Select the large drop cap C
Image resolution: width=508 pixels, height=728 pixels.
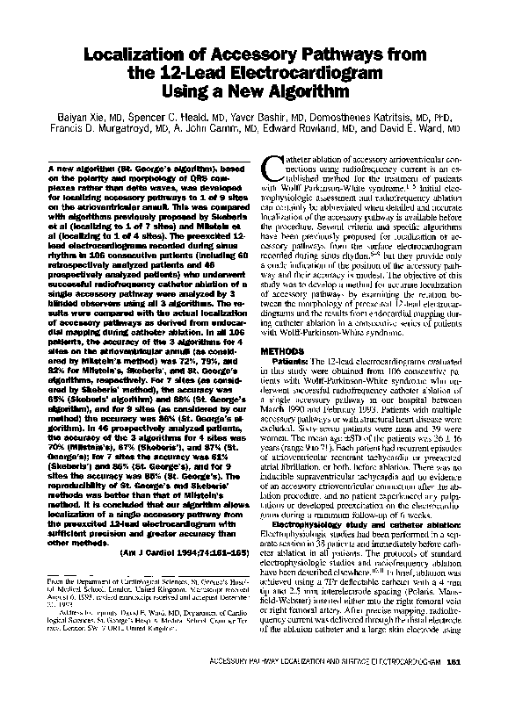(273, 165)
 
